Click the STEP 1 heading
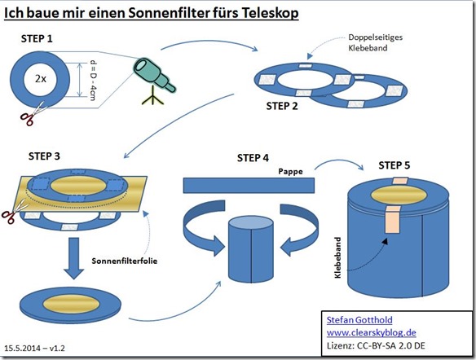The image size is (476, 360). point(37,39)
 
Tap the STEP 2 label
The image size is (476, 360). point(282,106)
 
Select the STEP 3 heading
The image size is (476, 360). point(44,156)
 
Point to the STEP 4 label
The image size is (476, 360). point(253,158)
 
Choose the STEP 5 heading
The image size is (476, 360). point(394,165)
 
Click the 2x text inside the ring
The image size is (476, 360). point(41,79)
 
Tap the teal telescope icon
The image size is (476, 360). point(154,81)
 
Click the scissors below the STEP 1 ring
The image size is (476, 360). point(31,114)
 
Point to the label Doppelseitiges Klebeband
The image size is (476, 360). point(375,42)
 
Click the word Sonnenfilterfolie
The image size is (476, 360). point(125,261)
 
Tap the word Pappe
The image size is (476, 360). point(290,172)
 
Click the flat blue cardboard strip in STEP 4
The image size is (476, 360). point(249,186)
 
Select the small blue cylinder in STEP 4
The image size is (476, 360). point(251,249)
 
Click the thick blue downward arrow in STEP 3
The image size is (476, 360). point(74,258)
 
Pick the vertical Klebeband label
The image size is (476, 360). point(337,257)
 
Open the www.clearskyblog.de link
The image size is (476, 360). point(372,332)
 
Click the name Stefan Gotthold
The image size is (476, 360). point(359,320)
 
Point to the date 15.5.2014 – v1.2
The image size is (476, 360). point(34,348)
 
